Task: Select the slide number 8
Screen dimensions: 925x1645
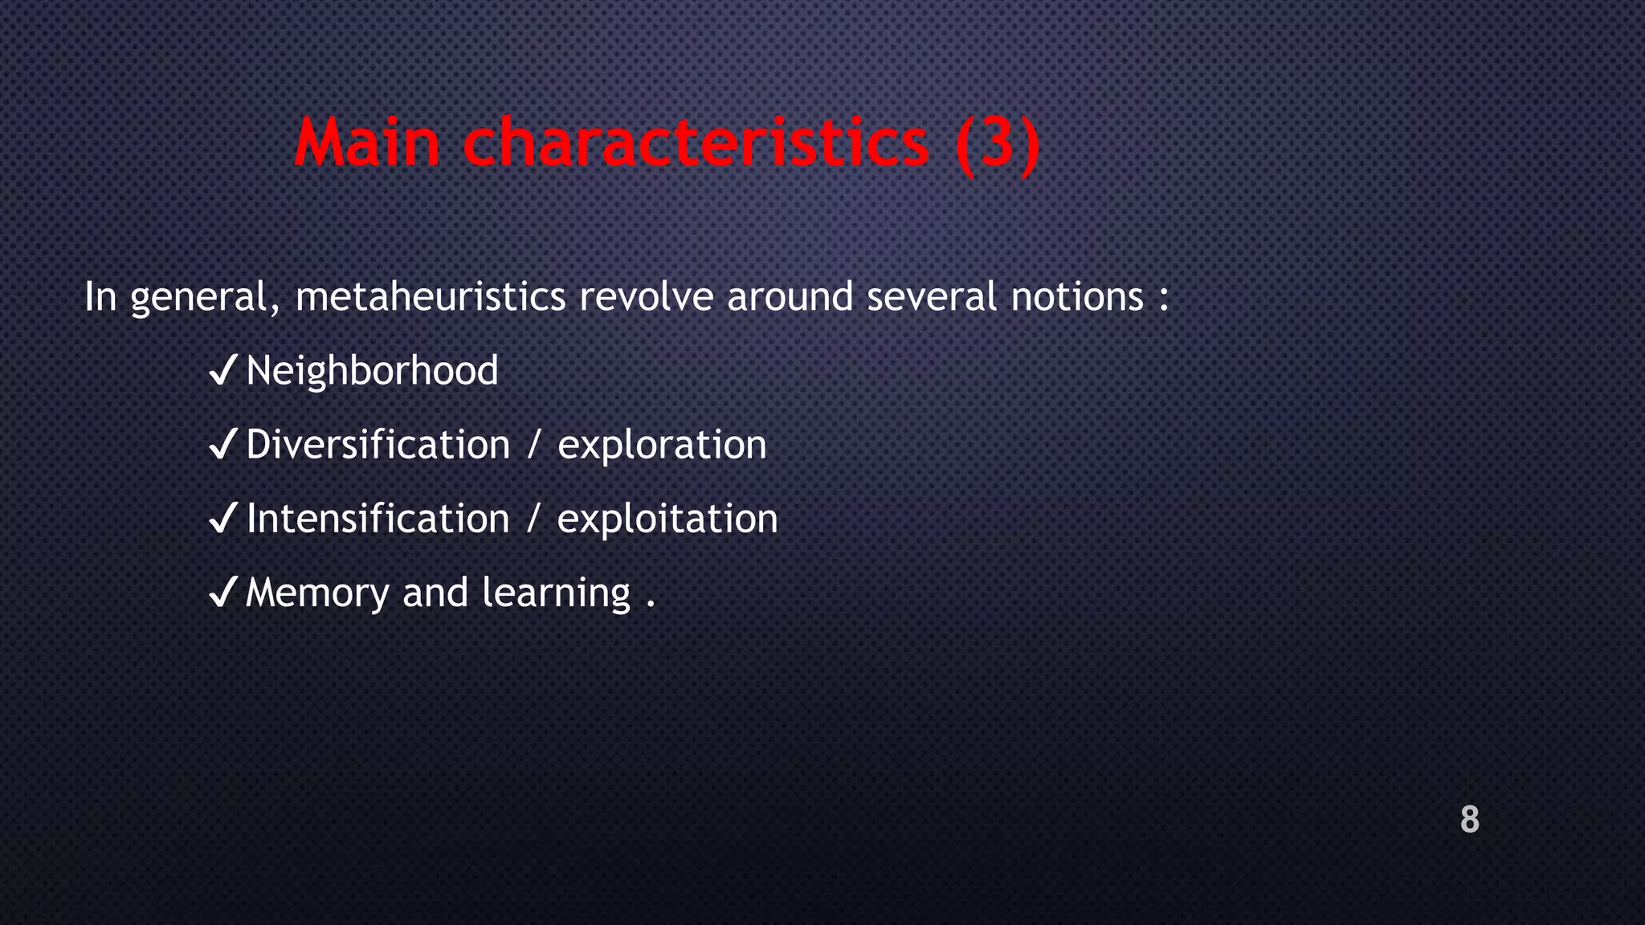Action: point(1469,820)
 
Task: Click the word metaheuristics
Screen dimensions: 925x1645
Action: point(431,297)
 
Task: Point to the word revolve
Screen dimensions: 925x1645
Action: point(646,297)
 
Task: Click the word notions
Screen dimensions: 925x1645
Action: point(1076,297)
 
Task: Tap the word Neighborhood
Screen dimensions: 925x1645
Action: point(372,371)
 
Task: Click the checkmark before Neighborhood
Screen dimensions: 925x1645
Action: point(222,371)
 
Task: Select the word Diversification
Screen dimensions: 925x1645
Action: point(378,445)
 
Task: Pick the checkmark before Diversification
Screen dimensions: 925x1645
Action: point(222,444)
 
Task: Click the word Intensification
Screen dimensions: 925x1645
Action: point(378,519)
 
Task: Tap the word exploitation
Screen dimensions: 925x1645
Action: point(667,520)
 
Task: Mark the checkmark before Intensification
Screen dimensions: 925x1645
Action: point(222,518)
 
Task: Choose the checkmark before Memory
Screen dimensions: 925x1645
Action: point(222,593)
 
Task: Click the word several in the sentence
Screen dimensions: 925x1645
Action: point(931,297)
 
